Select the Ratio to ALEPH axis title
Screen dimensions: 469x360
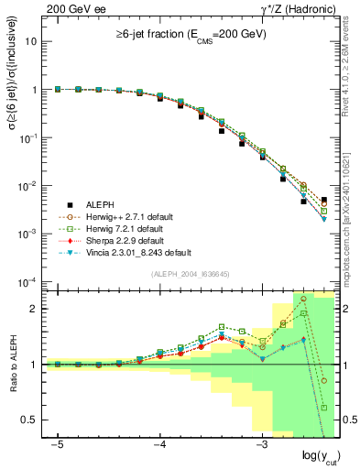tap(12, 364)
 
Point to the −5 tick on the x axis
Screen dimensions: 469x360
tap(58, 444)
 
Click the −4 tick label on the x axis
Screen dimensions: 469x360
tap(159, 444)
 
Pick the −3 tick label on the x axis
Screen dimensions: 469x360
tap(261, 444)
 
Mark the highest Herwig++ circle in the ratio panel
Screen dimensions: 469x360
tap(303, 299)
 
